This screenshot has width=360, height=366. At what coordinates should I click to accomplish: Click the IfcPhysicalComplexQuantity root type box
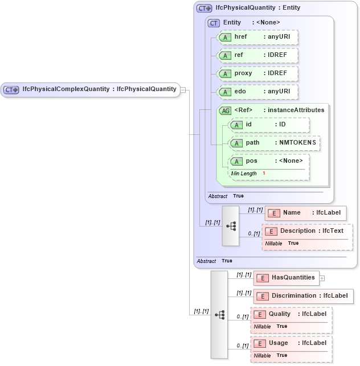91,89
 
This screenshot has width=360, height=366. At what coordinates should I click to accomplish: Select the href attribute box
258,36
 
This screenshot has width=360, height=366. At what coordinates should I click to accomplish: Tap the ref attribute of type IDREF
258,55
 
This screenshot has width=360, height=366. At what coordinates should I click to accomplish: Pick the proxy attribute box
258,73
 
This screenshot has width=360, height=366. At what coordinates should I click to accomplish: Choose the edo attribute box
258,92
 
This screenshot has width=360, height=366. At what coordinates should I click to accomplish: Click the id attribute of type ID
269,124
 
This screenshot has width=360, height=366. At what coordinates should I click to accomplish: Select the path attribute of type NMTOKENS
274,142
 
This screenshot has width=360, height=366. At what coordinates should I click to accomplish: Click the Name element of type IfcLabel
305,213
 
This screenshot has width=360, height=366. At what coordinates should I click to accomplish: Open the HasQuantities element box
285,278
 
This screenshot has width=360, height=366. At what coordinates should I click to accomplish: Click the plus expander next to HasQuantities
322,278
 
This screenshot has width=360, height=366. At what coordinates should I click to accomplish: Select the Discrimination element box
304,296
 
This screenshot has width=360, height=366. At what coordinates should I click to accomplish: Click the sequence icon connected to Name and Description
231,225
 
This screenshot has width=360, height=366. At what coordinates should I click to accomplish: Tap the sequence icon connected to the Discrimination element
219,314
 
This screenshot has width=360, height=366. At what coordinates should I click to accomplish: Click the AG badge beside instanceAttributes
225,110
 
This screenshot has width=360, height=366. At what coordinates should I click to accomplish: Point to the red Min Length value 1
264,173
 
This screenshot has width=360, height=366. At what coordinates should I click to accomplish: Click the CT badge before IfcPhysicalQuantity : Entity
204,9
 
